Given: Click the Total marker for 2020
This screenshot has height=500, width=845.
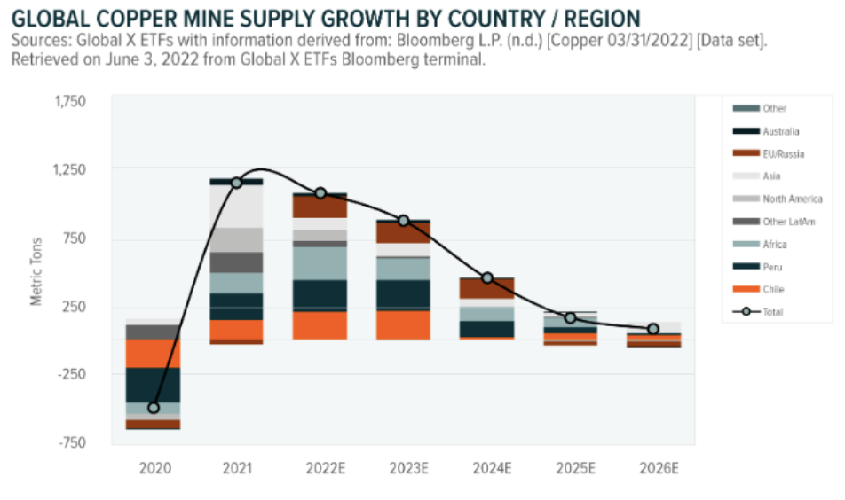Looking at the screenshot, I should point(154,408).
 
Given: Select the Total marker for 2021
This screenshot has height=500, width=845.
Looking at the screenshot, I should point(236,183).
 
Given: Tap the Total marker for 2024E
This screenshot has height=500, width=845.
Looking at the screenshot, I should point(487,278).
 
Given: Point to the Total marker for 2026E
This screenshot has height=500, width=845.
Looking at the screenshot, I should point(653,329).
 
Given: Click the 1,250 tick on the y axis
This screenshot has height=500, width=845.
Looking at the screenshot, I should point(72,169).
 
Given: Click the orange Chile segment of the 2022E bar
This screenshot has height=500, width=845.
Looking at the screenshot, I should point(320,325).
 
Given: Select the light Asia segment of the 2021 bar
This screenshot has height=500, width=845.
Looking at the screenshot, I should point(236,206).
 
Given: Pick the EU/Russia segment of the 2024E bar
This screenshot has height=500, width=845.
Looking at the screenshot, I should point(487,288).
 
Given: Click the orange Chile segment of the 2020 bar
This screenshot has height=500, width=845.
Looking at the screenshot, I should point(154,354).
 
